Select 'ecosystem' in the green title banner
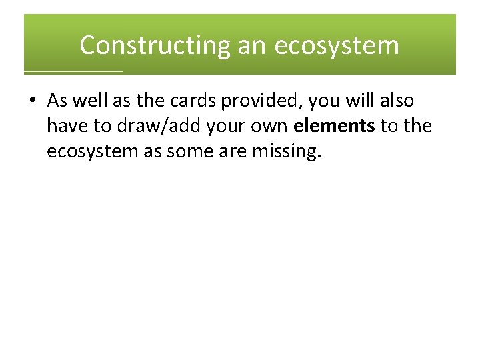coord(337,45)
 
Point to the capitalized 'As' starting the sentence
coord(57,101)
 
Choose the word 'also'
coord(395,101)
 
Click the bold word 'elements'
coord(333,126)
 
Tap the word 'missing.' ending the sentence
coord(287,152)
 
